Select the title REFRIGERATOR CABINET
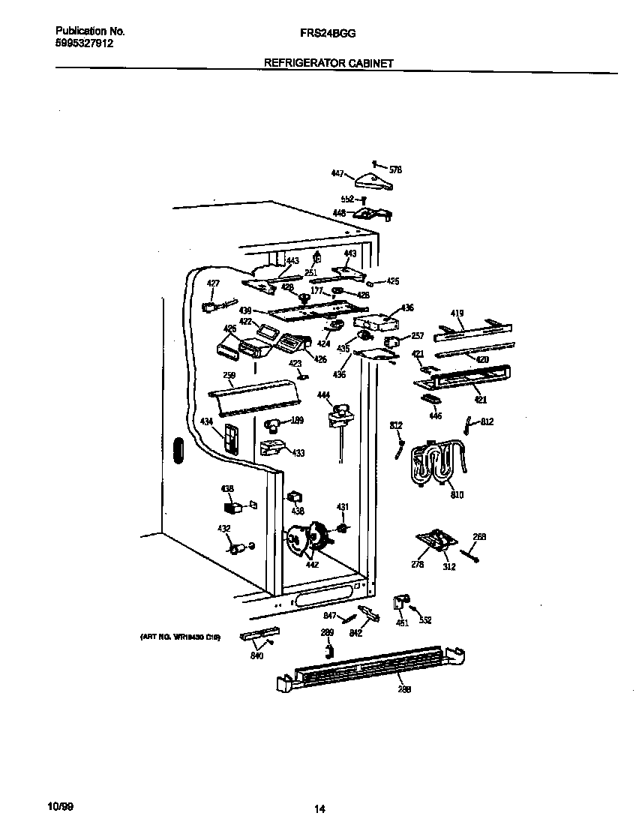[328, 64]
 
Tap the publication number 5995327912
[85, 43]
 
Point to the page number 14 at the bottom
[319, 808]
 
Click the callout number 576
[396, 169]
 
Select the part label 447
[337, 173]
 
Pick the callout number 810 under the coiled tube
[457, 496]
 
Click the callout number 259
[229, 375]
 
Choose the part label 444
[323, 394]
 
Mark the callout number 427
[214, 283]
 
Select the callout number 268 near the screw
[479, 535]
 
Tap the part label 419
[457, 313]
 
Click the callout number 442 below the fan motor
[312, 564]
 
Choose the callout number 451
[402, 622]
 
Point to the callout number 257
[418, 336]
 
